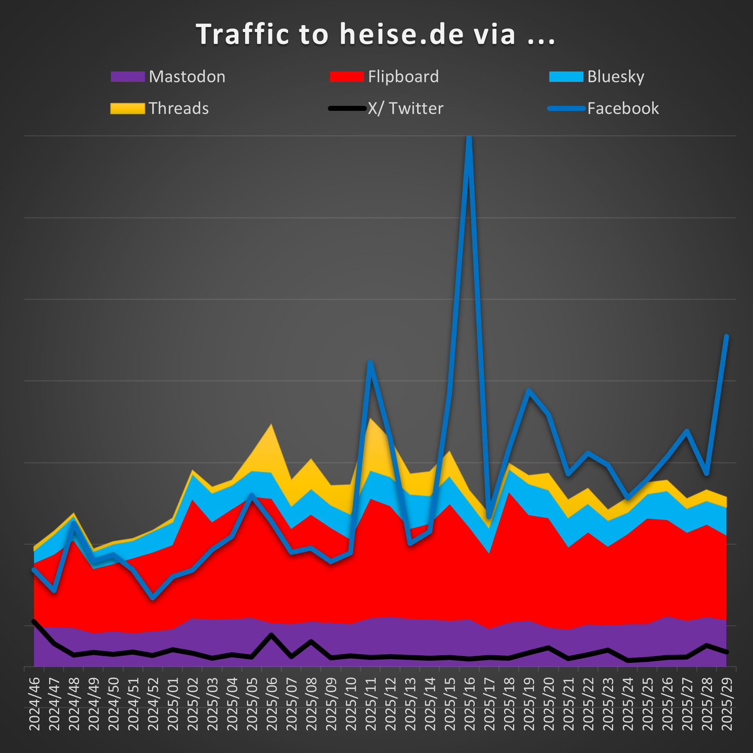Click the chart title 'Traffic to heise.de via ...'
pos(375,34)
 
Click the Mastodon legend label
pos(187,77)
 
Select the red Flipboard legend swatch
pos(347,76)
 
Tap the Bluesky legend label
pos(615,77)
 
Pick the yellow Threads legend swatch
pos(127,108)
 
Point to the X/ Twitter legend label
pos(405,108)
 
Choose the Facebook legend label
pos(623,108)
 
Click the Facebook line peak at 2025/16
pos(469,137)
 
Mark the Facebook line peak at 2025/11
pos(370,362)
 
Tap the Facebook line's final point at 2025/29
pos(726,337)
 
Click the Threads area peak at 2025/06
pos(271,425)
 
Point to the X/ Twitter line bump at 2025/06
pos(271,635)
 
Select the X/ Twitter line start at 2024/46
pos(34,621)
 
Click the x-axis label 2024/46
pos(34,704)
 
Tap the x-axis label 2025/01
pos(173,704)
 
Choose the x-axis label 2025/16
pos(470,704)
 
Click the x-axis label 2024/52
pos(153,704)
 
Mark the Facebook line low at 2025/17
pos(489,517)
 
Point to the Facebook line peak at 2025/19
pos(528,390)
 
